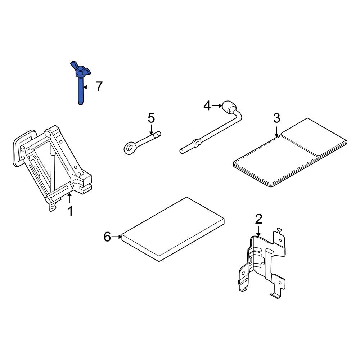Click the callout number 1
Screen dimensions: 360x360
(70, 211)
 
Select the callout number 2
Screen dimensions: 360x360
(258, 219)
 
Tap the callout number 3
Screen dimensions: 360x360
(276, 118)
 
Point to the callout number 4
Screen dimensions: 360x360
(207, 105)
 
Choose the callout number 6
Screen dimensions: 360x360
(107, 237)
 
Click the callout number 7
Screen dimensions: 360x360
(99, 86)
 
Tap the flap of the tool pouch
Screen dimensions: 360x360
(313, 137)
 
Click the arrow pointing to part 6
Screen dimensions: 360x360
(117, 237)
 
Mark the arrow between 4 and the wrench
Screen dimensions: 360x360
(217, 105)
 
